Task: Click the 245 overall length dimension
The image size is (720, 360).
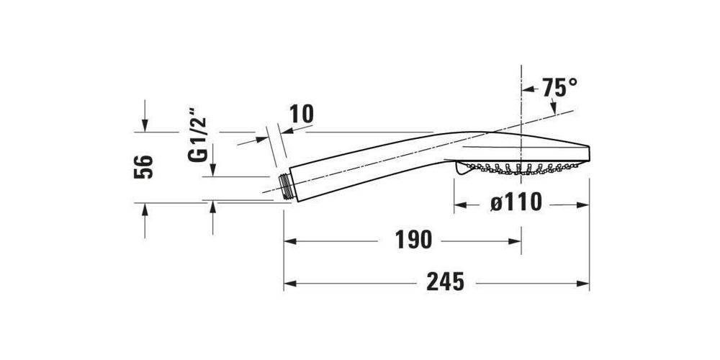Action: click(x=445, y=282)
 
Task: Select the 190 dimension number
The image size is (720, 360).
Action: click(x=413, y=240)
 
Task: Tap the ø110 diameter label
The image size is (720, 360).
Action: click(x=516, y=202)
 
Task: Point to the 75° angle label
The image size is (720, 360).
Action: click(x=559, y=87)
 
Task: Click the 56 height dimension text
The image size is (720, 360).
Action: click(x=143, y=167)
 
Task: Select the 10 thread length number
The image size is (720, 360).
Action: click(x=302, y=114)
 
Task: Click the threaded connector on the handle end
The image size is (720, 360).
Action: click(x=287, y=186)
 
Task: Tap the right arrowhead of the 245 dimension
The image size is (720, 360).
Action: click(x=583, y=284)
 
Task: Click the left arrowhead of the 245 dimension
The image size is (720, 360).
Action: click(x=290, y=284)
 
